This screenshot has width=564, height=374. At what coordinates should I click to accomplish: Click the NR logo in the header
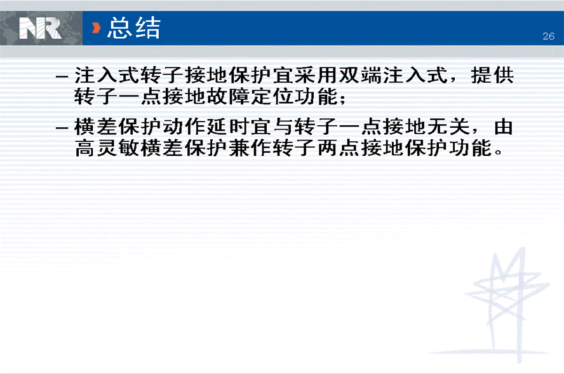tap(40, 29)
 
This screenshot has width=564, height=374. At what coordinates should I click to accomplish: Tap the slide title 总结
tap(134, 28)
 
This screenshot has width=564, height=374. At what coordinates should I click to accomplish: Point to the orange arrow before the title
tap(96, 28)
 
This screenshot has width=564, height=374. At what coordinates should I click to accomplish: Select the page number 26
tap(549, 36)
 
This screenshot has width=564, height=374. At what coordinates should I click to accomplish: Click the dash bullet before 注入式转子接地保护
tap(62, 77)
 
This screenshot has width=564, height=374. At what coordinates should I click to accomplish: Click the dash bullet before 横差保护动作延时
tap(62, 128)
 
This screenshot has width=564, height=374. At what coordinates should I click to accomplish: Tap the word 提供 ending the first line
tap(492, 76)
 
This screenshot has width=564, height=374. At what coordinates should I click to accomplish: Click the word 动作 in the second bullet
tap(184, 127)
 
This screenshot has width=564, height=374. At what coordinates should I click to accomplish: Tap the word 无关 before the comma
tap(448, 127)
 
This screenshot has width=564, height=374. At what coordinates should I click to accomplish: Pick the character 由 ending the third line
tap(504, 127)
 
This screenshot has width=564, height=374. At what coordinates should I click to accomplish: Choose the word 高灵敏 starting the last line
tap(107, 148)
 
